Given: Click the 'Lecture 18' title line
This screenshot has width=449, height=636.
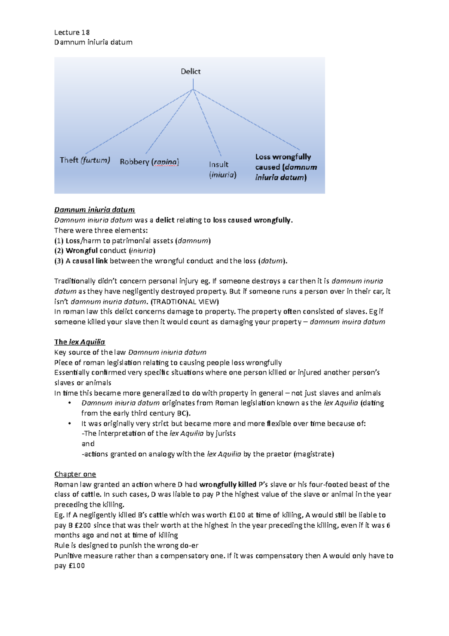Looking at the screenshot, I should tap(72, 32).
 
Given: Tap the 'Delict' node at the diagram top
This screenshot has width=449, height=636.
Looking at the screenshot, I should tap(190, 71).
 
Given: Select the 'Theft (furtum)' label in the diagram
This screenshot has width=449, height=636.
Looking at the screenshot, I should tap(85, 160).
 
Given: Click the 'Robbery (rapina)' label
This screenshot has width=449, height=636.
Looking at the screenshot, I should tap(149, 162).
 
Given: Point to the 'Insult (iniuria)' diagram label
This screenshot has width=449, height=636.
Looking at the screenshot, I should tap(222, 169).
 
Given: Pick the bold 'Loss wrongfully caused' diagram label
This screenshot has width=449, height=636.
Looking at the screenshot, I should tap(286, 167).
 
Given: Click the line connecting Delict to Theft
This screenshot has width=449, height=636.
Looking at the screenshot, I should tap(138, 122).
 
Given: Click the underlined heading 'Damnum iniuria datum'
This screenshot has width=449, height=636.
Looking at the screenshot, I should tap(94, 210).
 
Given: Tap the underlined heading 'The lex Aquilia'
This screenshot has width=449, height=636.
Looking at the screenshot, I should tap(79, 342).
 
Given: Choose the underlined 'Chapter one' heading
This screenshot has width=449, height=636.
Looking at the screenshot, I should tap(75, 474).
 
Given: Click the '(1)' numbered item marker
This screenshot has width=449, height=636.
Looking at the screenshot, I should tap(59, 241).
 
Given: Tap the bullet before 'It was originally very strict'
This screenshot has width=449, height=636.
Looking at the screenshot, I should tap(70, 424).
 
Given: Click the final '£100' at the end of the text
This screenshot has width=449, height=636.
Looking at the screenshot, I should tap(76, 566).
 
